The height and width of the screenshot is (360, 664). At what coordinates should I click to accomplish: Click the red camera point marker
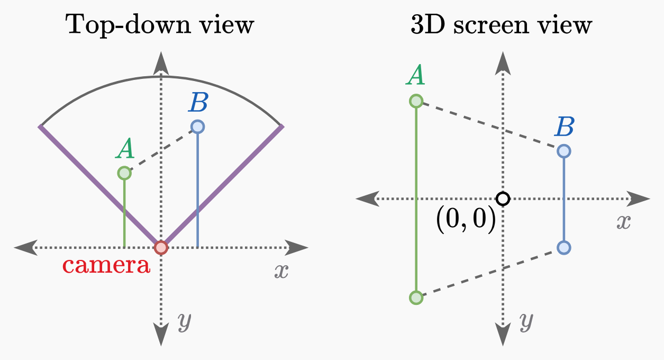point(161,247)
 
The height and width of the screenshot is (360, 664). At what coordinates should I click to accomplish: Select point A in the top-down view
point(124,173)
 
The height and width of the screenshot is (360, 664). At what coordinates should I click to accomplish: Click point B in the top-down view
point(197,127)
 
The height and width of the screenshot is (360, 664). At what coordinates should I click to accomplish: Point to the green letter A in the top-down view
point(125,150)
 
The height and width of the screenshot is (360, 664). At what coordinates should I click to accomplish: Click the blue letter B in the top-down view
point(198,104)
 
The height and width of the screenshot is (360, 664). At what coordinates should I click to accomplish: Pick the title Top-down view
point(159,25)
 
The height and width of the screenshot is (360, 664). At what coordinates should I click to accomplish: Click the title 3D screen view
point(501,25)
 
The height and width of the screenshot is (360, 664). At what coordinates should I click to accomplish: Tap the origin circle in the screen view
point(503,199)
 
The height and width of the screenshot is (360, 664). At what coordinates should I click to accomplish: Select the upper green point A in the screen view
point(416,101)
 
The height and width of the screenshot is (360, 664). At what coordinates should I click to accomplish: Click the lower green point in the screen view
point(416,298)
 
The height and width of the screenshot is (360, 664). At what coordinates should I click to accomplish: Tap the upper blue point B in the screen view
point(564,151)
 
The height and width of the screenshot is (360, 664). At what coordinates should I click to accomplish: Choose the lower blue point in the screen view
point(564,247)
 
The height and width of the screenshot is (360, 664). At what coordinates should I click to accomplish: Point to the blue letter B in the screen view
point(565,128)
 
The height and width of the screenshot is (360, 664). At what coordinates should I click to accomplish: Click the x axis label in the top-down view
point(281,272)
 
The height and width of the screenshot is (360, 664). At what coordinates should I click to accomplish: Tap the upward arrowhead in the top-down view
point(161,64)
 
